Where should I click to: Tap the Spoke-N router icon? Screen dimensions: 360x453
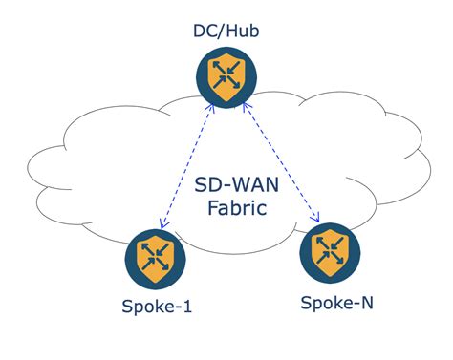(x=330, y=252)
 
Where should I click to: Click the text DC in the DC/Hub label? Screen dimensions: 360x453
(x=204, y=32)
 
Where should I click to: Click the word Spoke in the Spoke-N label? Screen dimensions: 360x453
(x=320, y=303)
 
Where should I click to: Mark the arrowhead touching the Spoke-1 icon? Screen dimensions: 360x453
(x=164, y=225)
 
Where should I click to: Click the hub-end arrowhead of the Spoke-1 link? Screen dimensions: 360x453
(x=213, y=112)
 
